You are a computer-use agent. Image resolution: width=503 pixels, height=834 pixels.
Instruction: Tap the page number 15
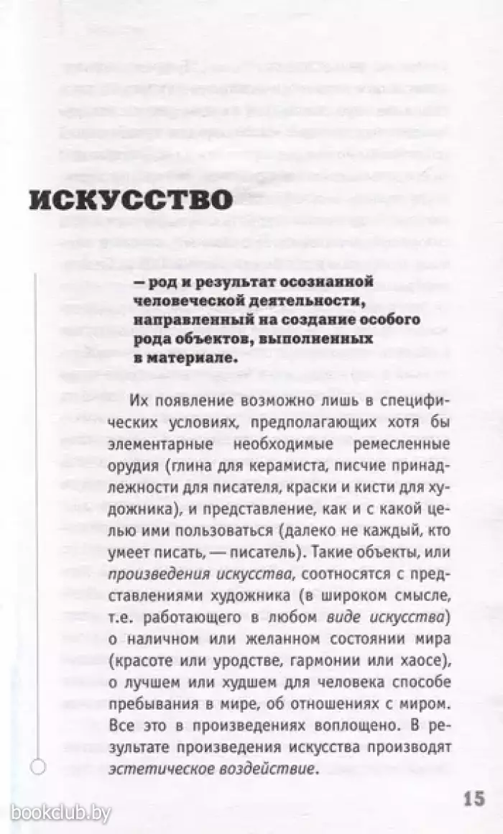[474, 798]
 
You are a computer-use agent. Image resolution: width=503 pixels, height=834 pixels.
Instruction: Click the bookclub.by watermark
[62, 813]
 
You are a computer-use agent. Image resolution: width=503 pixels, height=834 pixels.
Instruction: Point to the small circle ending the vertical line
[39, 766]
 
